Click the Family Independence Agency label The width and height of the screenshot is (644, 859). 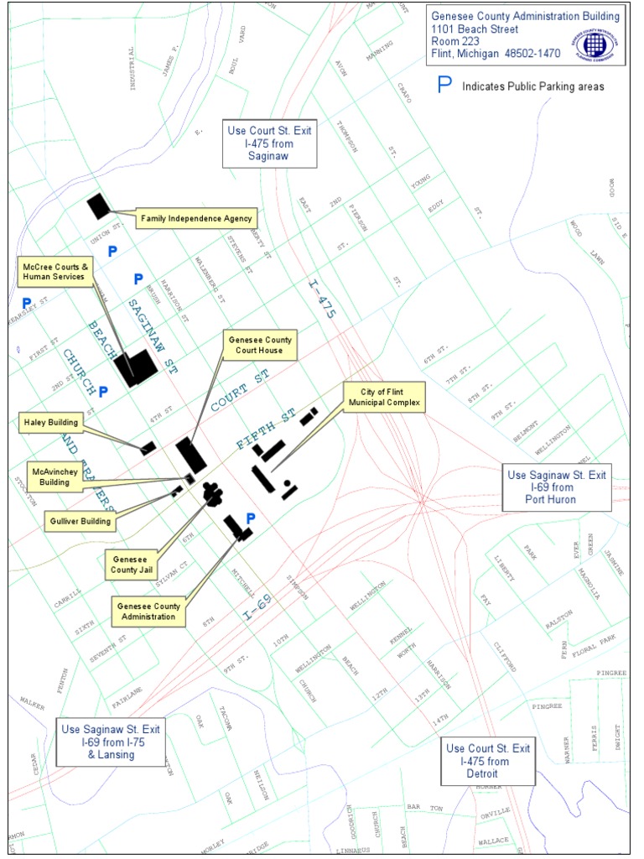196,219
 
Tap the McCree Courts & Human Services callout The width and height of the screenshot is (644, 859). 54,272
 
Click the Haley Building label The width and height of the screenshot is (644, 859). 51,423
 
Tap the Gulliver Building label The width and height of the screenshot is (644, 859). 77,521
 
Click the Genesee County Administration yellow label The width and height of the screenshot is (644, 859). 148,611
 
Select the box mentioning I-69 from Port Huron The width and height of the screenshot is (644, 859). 556,487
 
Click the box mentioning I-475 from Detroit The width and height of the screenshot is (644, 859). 487,761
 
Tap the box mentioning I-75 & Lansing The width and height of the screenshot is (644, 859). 110,742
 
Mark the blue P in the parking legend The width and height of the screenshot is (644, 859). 445,85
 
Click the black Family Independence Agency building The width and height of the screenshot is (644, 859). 99,206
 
